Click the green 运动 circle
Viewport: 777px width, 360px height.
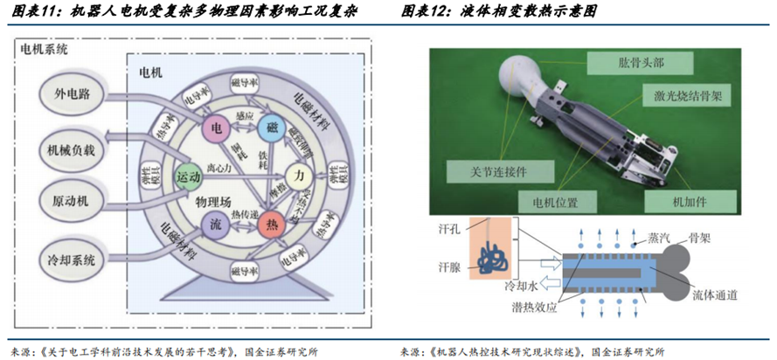190,177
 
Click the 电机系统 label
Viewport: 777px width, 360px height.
44,49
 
